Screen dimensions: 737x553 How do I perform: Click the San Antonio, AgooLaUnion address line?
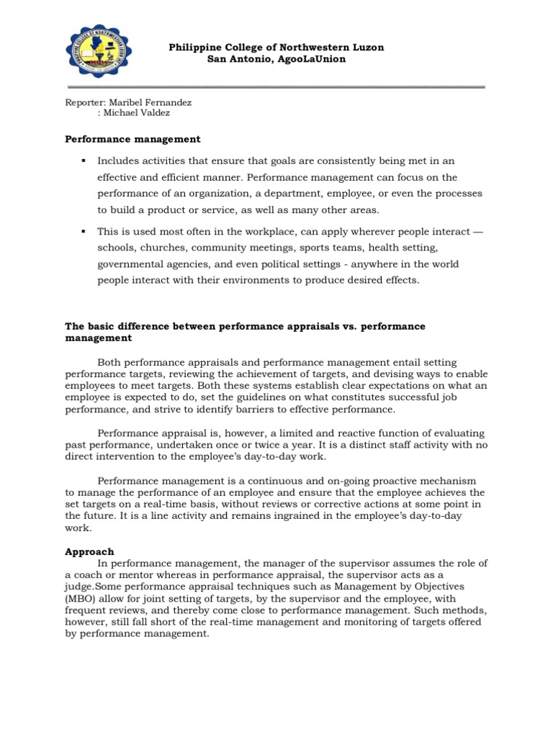[276, 59]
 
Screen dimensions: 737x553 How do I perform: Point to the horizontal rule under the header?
[276, 88]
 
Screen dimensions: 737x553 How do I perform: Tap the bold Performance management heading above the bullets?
[132, 139]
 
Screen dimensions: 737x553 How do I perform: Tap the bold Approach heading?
[89, 551]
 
